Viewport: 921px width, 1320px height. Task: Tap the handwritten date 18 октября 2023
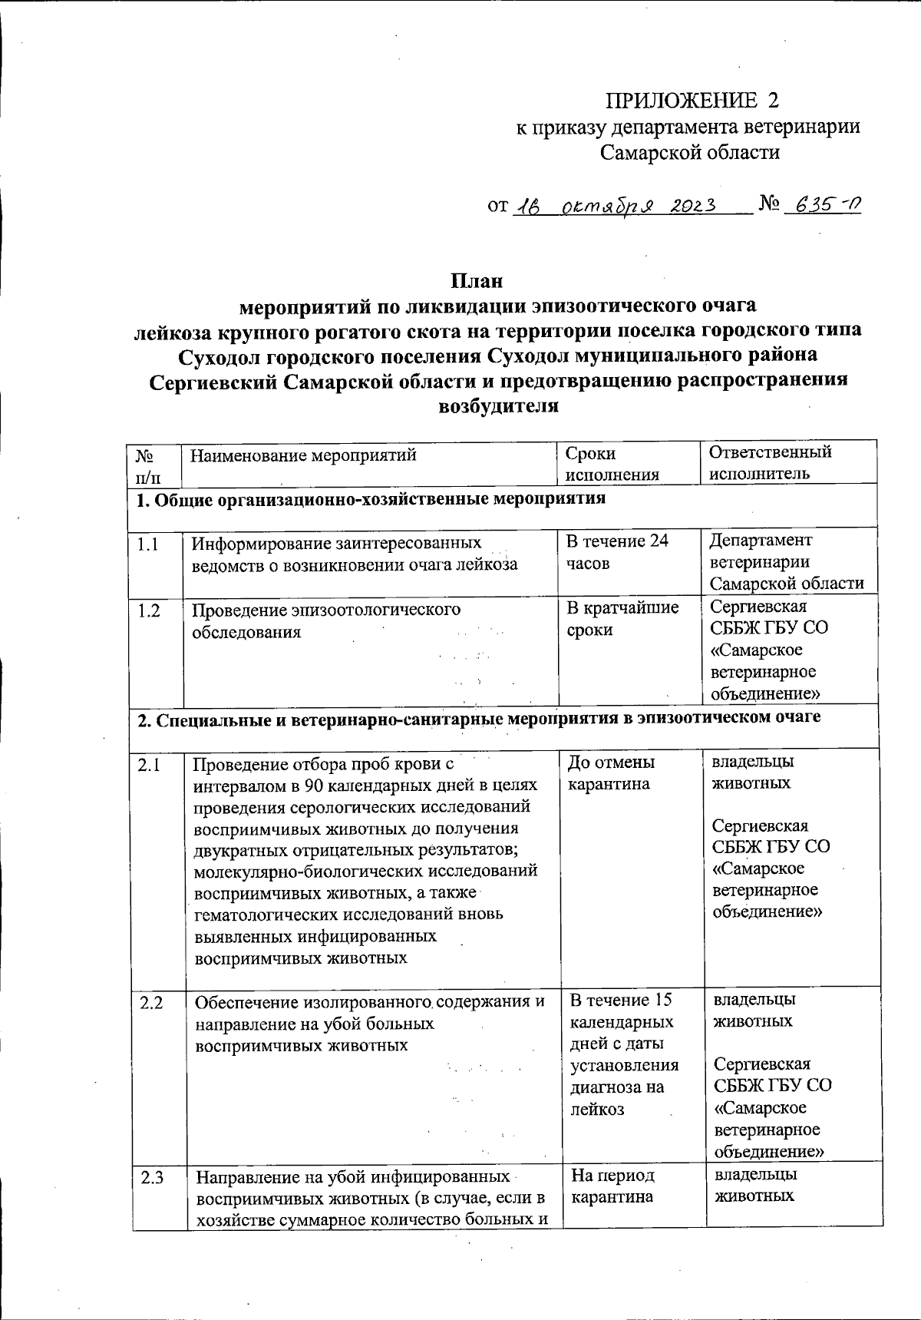click(614, 206)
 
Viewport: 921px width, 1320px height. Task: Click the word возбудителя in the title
click(497, 406)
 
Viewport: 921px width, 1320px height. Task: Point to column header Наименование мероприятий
click(304, 455)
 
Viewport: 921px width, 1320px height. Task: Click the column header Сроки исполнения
click(612, 464)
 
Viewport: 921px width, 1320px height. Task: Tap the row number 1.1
click(148, 544)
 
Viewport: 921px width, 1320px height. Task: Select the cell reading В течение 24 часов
click(616, 552)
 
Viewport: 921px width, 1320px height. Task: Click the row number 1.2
click(148, 611)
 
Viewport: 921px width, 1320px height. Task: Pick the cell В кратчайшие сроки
click(622, 619)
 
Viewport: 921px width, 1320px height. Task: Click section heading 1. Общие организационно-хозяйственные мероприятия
click(371, 499)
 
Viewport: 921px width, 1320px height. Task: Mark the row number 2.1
click(150, 764)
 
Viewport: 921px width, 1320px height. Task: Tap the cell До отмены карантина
click(611, 773)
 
